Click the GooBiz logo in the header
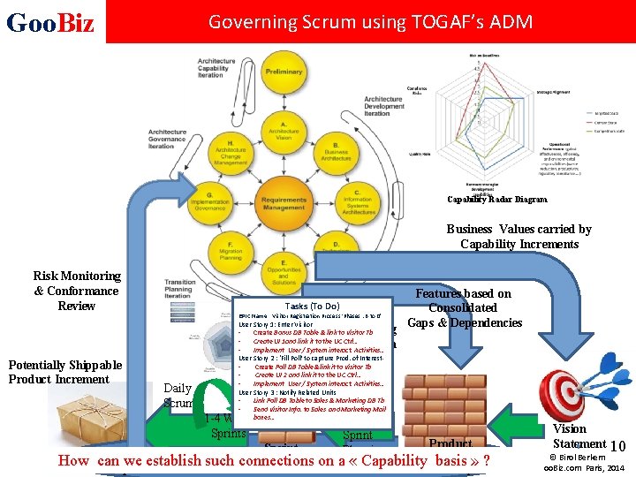[x=49, y=22]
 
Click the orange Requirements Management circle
[x=283, y=204]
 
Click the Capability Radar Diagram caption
[x=497, y=200]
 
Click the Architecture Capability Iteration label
[x=216, y=68]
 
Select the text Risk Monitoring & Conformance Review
[x=76, y=291]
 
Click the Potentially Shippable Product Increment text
[x=65, y=372]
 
